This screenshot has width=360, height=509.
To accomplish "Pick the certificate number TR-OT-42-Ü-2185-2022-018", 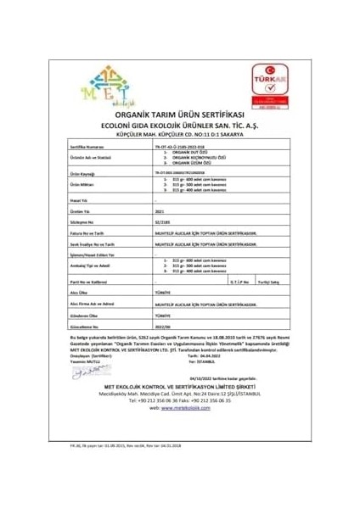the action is [x=184, y=146].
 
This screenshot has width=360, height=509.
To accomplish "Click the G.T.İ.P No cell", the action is [x=239, y=278].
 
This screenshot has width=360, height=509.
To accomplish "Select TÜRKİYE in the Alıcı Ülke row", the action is [x=161, y=289].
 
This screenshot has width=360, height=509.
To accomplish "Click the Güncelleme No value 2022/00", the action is [x=163, y=323].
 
